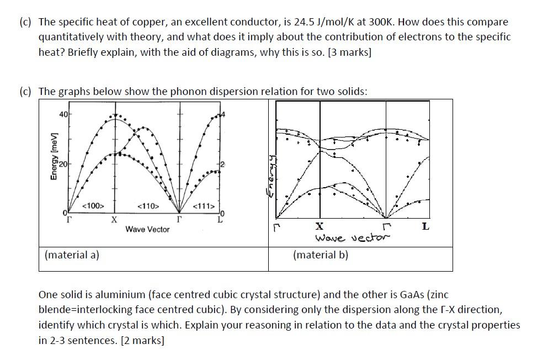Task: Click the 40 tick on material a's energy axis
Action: [x=63, y=114]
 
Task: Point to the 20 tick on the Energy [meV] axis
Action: [x=63, y=165]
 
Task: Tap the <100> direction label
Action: [x=93, y=206]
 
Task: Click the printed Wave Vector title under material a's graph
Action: [x=147, y=229]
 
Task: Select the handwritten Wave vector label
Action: [x=352, y=237]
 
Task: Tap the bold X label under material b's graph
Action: [x=320, y=226]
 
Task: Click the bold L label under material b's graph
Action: [x=425, y=226]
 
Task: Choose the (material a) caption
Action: [x=72, y=255]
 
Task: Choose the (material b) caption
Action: [x=321, y=255]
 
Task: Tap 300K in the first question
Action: [x=381, y=23]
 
